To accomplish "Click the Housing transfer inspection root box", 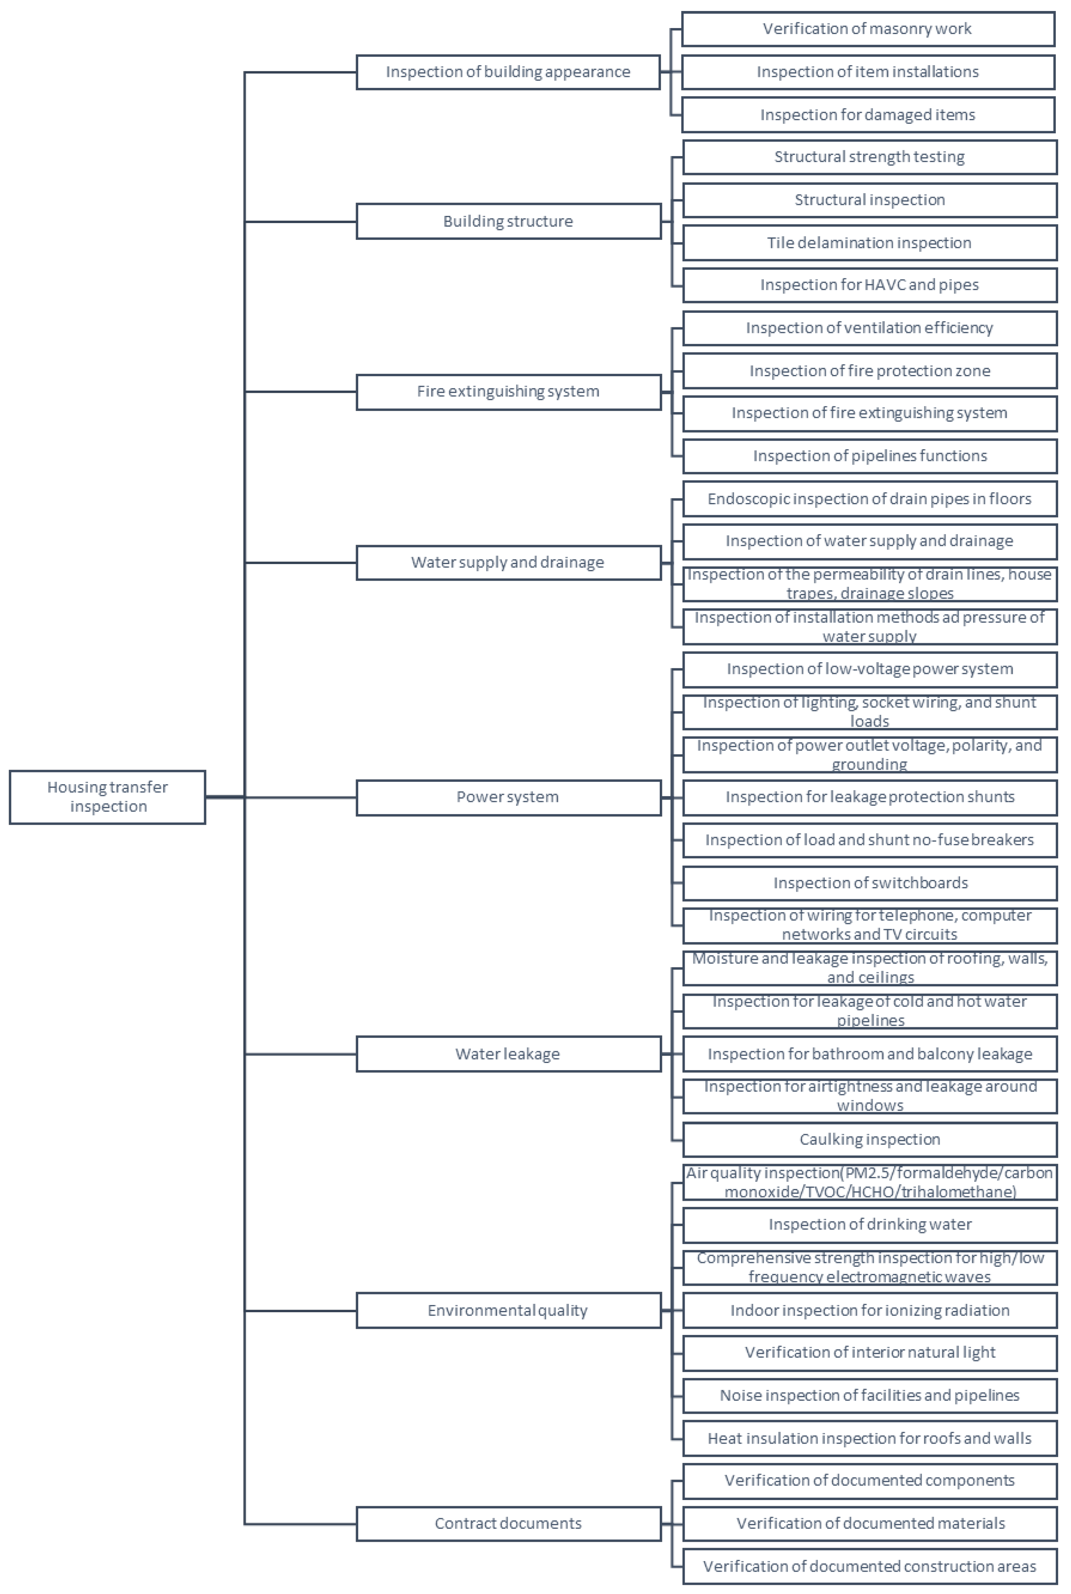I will coord(107,797).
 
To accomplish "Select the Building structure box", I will coord(508,221).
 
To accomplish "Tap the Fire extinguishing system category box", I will coord(508,392).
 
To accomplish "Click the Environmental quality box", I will coord(508,1310).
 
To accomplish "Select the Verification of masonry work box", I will coord(868,29).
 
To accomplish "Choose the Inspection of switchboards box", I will coord(870,883).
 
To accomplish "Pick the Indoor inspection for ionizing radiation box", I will coord(870,1310).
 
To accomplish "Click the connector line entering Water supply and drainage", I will coord(301,562).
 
